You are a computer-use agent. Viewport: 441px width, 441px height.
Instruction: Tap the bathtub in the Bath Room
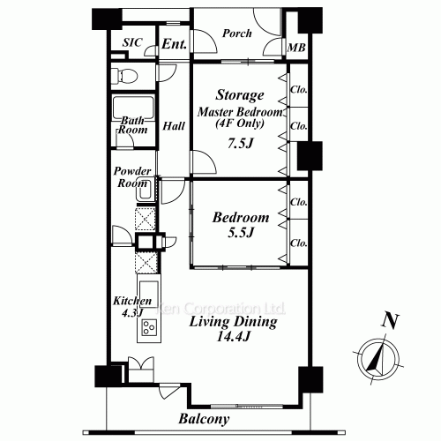point(133,108)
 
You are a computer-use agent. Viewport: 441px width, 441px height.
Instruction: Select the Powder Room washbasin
point(144,190)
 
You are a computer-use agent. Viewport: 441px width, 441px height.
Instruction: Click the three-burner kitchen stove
point(149,327)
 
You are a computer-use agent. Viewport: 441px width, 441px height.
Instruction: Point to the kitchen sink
point(149,295)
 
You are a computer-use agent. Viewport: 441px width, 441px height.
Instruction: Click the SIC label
point(132,42)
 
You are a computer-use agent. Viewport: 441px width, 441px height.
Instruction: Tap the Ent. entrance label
point(175,44)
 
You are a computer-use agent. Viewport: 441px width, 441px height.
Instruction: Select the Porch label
point(237,34)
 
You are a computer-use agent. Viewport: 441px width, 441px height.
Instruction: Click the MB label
point(296,48)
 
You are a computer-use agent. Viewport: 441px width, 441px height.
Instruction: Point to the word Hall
point(174,126)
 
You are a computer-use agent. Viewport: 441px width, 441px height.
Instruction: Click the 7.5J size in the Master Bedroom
point(240,143)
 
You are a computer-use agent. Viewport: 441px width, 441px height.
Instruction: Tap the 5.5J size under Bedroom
point(241,232)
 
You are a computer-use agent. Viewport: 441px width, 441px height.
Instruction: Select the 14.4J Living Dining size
point(233,336)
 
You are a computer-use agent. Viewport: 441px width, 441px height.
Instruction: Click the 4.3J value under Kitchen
point(132,313)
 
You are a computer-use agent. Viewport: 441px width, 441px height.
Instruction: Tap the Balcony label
point(204,419)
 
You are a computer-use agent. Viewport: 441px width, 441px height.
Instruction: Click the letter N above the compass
point(390,321)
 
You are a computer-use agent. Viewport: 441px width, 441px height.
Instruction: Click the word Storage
point(240,95)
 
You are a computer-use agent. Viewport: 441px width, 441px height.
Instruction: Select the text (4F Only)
point(240,123)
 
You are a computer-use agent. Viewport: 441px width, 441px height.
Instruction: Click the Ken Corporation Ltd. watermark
point(220,308)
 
